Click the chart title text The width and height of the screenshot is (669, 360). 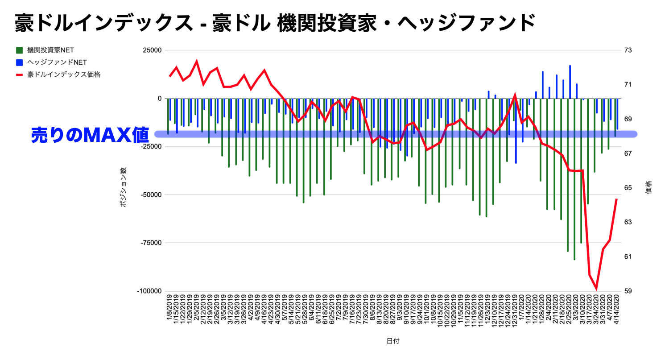275,22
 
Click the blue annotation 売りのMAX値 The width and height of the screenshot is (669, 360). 90,135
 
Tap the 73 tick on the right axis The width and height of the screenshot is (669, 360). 628,50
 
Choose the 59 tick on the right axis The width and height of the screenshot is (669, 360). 628,291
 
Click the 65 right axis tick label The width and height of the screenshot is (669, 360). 628,188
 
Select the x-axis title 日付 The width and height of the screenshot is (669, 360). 393,341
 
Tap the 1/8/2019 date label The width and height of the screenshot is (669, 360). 170,312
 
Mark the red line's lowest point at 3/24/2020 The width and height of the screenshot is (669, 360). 596,289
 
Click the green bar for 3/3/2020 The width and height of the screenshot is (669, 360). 574,178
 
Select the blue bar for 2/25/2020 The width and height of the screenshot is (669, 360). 570,82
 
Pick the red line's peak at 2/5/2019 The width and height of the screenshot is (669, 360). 197,62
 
